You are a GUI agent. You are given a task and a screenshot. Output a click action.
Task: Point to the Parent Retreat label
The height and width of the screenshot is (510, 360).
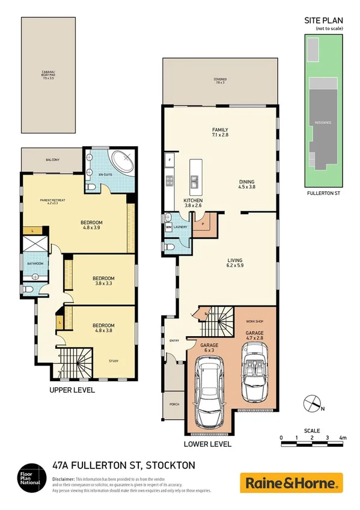pyautogui.click(x=52, y=201)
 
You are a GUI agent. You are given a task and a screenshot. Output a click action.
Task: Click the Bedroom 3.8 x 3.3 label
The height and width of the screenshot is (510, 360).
pyautogui.click(x=103, y=281)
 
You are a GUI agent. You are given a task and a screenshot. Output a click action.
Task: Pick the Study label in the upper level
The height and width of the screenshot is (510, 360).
pyautogui.click(x=113, y=361)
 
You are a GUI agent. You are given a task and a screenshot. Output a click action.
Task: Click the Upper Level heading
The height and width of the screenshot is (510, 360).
pyautogui.click(x=72, y=390)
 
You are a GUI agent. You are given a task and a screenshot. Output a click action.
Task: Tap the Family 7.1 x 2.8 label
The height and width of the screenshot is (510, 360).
pyautogui.click(x=220, y=133)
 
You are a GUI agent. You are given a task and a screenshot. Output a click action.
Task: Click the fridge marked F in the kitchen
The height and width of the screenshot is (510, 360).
pyautogui.click(x=170, y=160)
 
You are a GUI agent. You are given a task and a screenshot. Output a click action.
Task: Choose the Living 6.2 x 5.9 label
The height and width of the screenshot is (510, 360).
pyautogui.click(x=226, y=263)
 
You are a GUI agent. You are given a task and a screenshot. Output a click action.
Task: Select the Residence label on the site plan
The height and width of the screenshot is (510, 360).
pyautogui.click(x=323, y=122)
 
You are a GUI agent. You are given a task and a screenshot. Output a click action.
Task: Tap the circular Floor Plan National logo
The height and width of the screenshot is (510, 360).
pyautogui.click(x=29, y=478)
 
